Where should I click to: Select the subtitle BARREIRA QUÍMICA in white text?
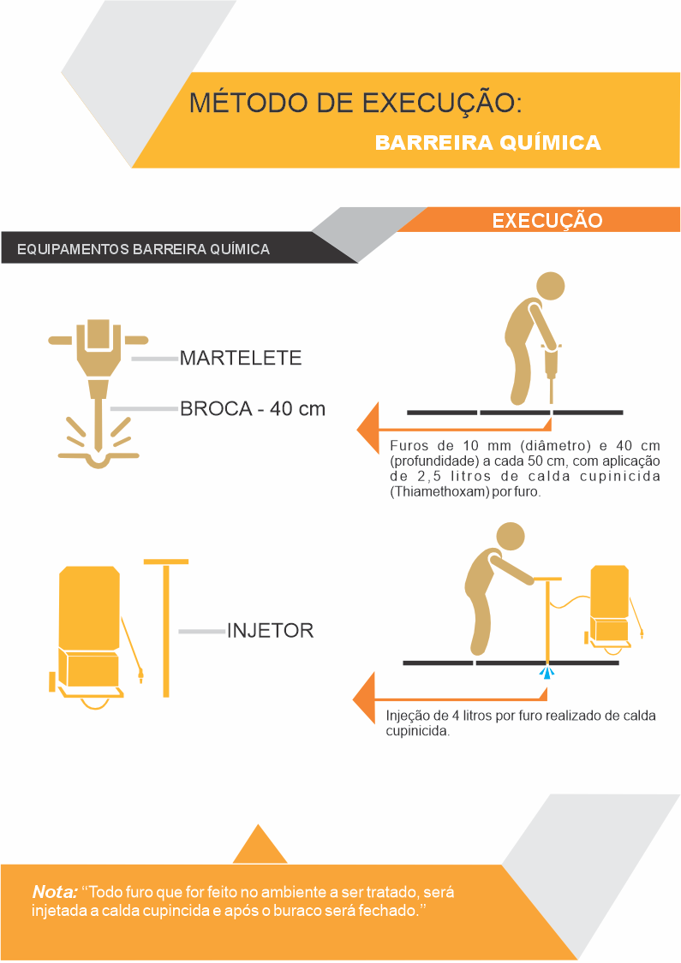(488, 142)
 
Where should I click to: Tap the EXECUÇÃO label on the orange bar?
(547, 221)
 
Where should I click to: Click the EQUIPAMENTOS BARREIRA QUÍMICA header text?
(143, 249)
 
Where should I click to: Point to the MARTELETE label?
(241, 358)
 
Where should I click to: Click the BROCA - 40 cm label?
(253, 409)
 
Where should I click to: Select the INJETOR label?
(271, 631)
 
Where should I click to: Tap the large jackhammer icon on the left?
(99, 393)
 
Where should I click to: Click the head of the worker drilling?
(550, 286)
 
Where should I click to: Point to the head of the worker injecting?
(511, 536)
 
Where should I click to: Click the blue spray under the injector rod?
(547, 673)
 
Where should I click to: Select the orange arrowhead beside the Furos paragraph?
(369, 428)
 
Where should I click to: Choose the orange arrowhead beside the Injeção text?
(364, 698)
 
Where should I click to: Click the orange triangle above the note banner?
(260, 845)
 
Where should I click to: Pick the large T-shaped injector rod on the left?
(166, 627)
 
